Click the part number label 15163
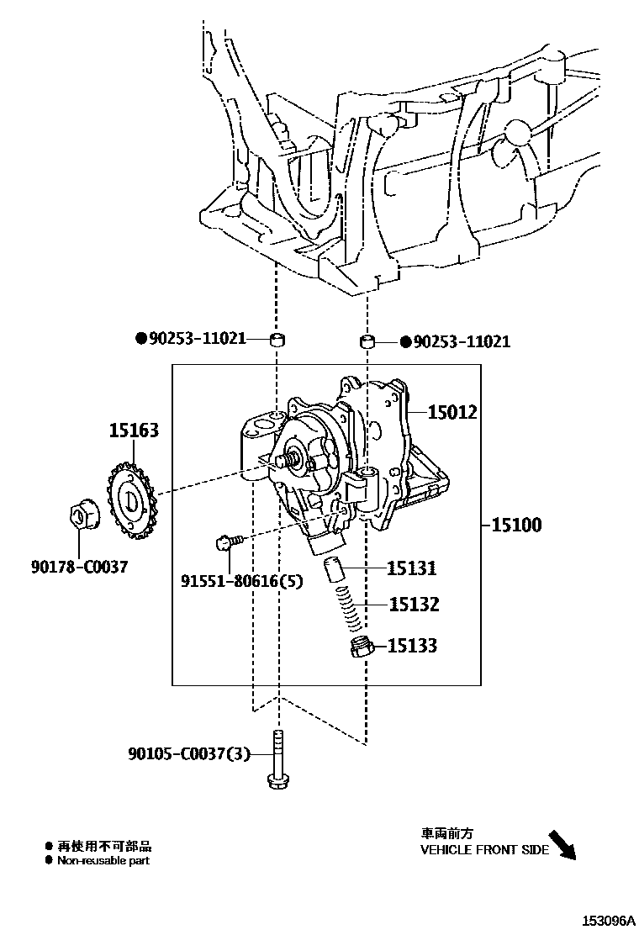133,431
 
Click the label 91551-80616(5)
241,581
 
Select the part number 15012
452,412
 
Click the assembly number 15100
516,525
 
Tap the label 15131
412,568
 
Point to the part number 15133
412,646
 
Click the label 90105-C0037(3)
190,754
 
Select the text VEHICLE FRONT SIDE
484,849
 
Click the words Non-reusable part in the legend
103,860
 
